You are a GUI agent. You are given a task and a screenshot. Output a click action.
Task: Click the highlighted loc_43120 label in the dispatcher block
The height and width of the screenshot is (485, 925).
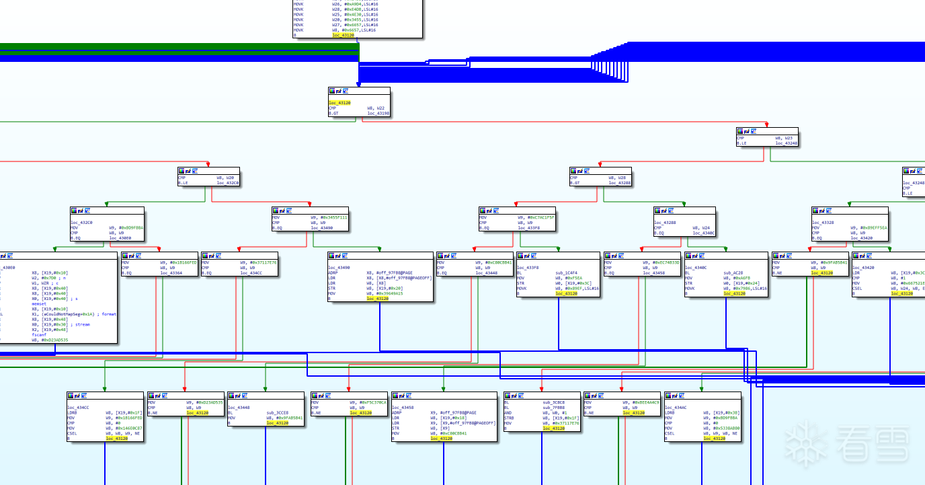[x=339, y=103]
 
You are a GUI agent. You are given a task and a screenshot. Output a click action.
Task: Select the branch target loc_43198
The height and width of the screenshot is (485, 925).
[x=378, y=114]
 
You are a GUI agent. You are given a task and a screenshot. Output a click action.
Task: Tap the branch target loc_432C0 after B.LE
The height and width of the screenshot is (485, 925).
[x=227, y=183]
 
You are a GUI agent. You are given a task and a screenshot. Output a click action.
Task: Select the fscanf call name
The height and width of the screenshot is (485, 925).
[x=39, y=335]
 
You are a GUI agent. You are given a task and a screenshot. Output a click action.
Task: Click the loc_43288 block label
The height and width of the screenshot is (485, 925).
[x=665, y=223]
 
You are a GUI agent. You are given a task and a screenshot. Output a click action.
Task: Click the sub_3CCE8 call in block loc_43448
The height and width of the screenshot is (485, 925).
[x=277, y=412]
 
